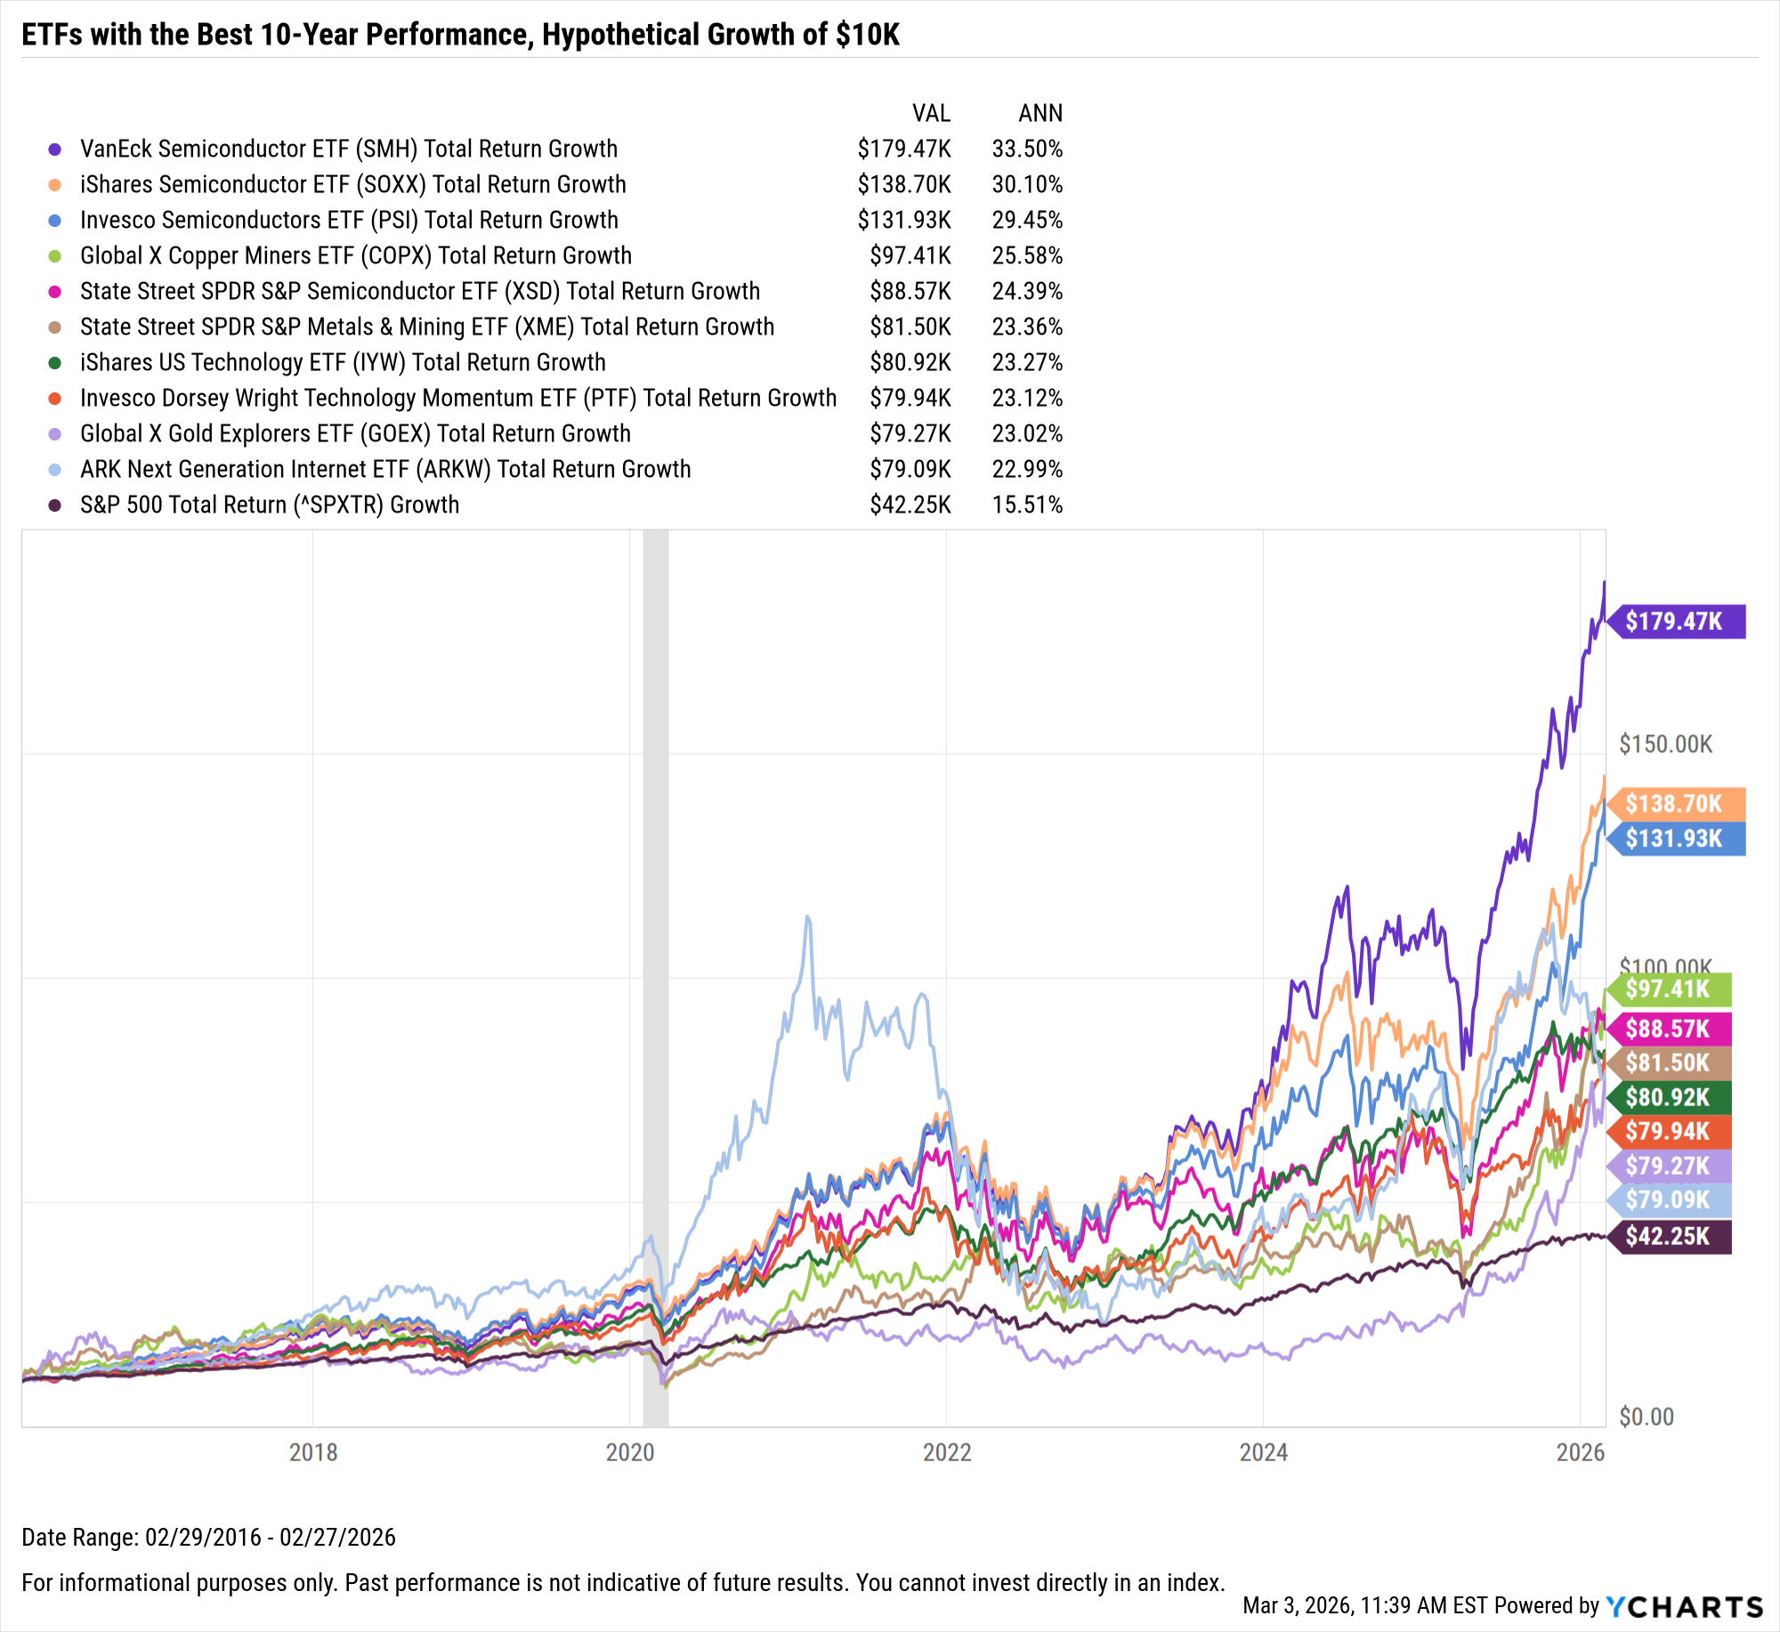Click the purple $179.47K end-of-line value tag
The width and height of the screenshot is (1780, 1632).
click(1674, 621)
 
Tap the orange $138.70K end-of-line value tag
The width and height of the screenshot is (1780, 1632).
click(1674, 804)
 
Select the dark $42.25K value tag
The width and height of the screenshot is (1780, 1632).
click(1668, 1236)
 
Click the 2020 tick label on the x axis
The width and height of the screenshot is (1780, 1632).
click(630, 1452)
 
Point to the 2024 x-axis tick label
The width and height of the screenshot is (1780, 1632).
click(1264, 1452)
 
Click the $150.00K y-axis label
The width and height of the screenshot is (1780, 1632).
click(1665, 744)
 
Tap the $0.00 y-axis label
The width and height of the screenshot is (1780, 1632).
click(1646, 1417)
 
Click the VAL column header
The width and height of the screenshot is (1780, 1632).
click(931, 113)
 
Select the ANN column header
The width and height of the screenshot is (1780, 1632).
click(1040, 113)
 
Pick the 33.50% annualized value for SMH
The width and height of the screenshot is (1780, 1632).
click(1027, 149)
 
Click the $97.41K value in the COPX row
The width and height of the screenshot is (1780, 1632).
click(910, 255)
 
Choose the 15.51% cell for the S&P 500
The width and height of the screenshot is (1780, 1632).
click(1027, 505)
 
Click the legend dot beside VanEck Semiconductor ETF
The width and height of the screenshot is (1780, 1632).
click(55, 149)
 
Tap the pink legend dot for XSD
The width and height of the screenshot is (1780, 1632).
click(55, 291)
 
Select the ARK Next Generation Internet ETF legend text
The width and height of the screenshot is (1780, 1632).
click(385, 469)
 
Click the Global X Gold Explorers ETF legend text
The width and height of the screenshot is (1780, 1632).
click(355, 433)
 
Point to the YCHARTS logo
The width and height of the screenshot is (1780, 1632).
click(1685, 1606)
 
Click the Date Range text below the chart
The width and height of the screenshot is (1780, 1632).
click(208, 1537)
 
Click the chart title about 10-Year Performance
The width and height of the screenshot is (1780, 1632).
click(460, 35)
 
